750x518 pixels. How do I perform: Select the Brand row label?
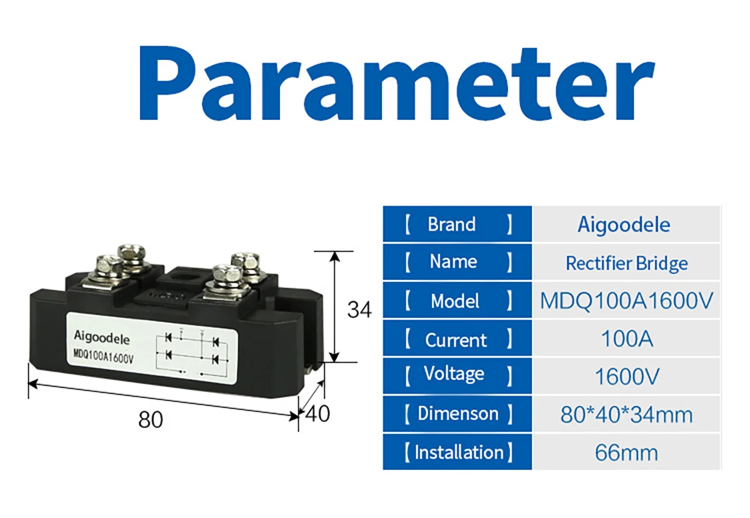coord(451,224)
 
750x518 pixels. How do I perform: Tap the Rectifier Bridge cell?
coord(626,263)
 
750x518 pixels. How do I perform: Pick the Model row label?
coord(455,301)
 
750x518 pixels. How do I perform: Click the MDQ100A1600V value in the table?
coord(626,301)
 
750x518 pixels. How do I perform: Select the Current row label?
coord(456,340)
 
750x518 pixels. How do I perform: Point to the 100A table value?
coord(626,339)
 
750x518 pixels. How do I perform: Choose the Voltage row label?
coord(454,374)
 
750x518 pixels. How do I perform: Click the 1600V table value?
coord(626,377)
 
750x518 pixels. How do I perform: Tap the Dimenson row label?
coord(458,413)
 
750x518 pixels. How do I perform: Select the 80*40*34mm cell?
coord(626,415)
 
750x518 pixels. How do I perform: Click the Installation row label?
coord(459,452)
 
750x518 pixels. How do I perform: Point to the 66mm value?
coord(626,452)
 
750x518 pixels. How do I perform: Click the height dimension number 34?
coord(359,309)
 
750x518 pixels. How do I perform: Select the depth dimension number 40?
coord(317,414)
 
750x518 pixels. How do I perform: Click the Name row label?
coord(453,262)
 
